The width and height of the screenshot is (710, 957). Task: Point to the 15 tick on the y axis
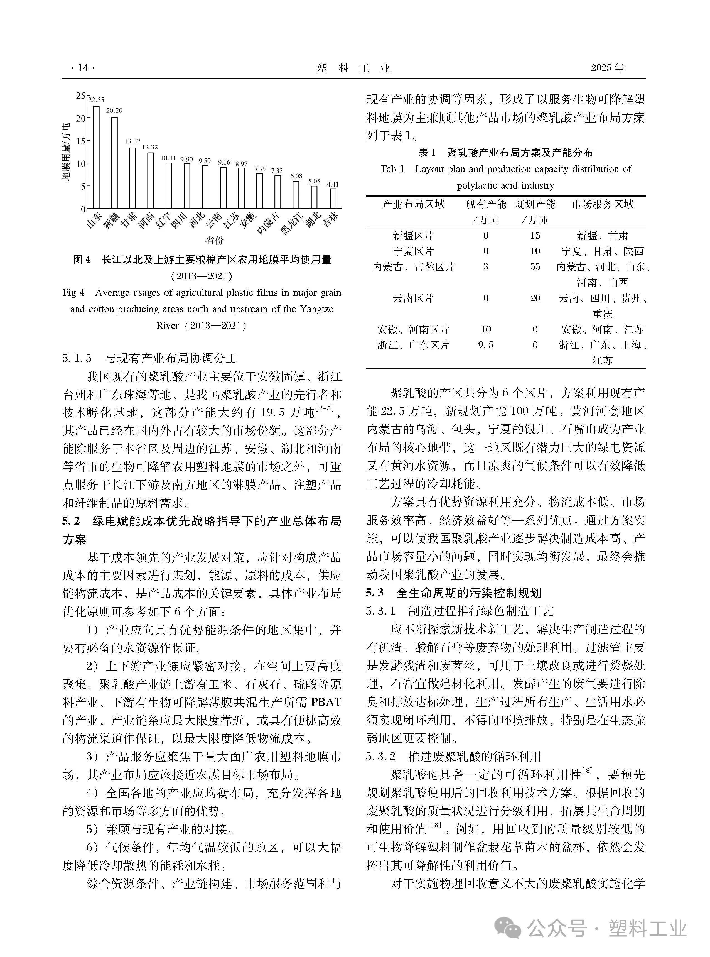[x=81, y=141]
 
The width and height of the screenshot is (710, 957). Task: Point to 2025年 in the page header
[x=607, y=68]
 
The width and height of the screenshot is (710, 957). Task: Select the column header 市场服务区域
[x=602, y=204]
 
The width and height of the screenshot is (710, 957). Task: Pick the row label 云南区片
[x=413, y=298]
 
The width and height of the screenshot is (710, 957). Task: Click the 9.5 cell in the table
[x=486, y=345]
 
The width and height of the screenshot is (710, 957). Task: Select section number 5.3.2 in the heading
[x=380, y=756]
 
